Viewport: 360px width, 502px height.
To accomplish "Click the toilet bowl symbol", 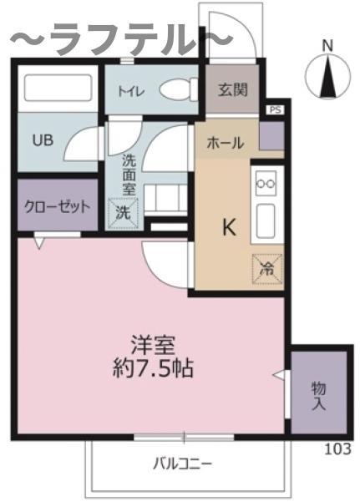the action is click(x=179, y=90).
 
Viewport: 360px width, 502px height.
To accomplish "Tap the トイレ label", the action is click(x=131, y=92).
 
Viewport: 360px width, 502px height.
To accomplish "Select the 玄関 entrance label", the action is click(x=233, y=89).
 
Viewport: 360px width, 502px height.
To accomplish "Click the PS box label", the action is click(x=275, y=109).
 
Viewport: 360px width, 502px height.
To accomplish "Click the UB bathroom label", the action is click(x=43, y=140).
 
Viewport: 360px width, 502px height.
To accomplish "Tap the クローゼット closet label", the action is click(x=58, y=207).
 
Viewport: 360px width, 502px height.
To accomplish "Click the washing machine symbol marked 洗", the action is click(x=123, y=213).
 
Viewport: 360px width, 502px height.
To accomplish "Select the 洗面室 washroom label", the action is click(x=129, y=175).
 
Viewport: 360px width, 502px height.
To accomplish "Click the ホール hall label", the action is click(x=226, y=143).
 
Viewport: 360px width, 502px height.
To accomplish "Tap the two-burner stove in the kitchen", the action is click(x=266, y=184).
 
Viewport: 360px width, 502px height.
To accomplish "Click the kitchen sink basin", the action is click(x=266, y=221).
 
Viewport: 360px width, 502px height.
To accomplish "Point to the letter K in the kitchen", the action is click(x=230, y=228).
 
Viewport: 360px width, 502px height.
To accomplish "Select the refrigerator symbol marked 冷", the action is click(x=267, y=269).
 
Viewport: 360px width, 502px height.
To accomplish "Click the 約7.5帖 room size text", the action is click(x=153, y=368).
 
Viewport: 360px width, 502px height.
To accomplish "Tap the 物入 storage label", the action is click(x=318, y=395).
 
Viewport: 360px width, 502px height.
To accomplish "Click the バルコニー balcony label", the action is click(x=182, y=464).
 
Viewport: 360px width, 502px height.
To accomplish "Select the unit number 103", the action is click(x=338, y=449).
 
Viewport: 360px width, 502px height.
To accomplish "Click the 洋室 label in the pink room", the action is click(x=153, y=345).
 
